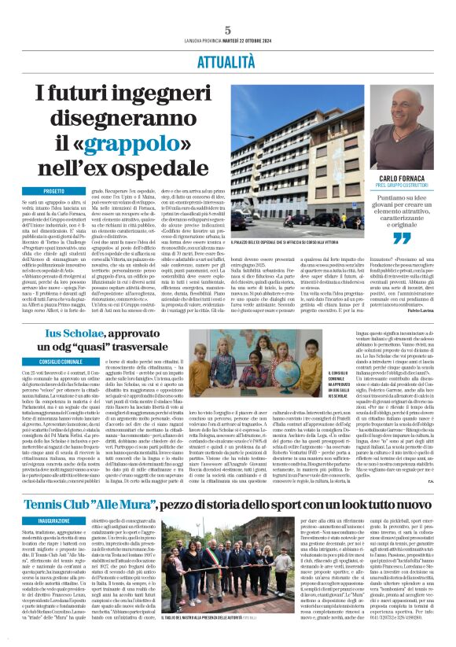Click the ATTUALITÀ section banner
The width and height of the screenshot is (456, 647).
pos(227,58)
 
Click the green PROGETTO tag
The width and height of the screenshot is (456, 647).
pos(54,191)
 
